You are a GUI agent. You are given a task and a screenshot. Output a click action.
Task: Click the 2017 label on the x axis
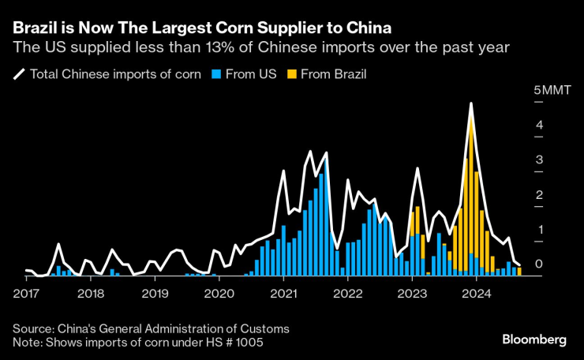click(27, 294)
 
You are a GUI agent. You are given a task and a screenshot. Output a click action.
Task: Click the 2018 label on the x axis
click(92, 294)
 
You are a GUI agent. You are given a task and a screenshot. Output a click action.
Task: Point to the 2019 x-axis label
click(155, 294)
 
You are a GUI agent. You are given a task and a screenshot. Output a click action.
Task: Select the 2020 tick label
click(219, 294)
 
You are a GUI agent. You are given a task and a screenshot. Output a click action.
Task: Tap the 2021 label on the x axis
click(284, 294)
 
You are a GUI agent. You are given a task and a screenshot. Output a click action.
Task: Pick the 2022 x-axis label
click(348, 294)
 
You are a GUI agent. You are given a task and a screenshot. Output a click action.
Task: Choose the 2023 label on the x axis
click(412, 294)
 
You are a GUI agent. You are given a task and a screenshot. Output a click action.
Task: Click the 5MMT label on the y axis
click(549, 91)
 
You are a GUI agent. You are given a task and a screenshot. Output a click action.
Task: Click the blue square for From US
click(217, 75)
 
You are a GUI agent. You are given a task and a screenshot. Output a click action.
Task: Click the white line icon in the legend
click(19, 75)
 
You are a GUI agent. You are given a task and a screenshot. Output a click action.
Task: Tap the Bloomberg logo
click(534, 339)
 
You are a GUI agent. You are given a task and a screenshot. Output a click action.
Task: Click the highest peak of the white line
click(471, 103)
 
